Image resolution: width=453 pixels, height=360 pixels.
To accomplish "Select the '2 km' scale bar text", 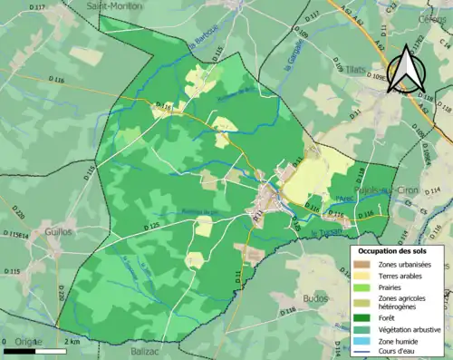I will (70, 341).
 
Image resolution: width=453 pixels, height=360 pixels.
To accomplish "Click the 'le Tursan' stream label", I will (323, 233).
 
